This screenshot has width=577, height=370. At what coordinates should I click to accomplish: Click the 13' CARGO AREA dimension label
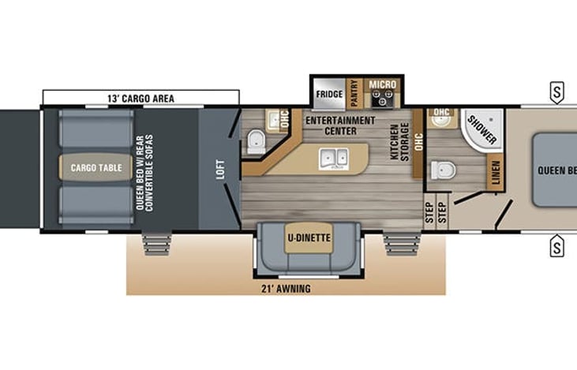[x=141, y=99]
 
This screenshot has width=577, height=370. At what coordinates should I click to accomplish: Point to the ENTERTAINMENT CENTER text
[x=339, y=125]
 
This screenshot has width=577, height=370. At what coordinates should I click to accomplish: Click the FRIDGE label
[x=329, y=95]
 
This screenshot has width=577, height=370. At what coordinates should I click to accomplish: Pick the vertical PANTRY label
[x=354, y=93]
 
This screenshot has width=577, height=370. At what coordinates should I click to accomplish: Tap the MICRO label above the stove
[x=384, y=83]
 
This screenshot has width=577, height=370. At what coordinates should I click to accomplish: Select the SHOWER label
[x=481, y=129]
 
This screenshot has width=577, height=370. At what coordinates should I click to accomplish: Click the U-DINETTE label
[x=308, y=236]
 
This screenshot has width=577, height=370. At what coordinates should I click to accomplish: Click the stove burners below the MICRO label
[x=384, y=99]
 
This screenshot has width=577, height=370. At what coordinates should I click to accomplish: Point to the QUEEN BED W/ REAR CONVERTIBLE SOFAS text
[x=150, y=167]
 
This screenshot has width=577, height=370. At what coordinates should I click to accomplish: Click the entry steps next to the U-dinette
[x=397, y=243]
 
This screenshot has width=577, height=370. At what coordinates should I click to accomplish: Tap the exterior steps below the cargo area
[x=155, y=243]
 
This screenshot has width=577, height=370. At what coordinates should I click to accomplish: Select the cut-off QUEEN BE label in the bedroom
[x=556, y=170]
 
